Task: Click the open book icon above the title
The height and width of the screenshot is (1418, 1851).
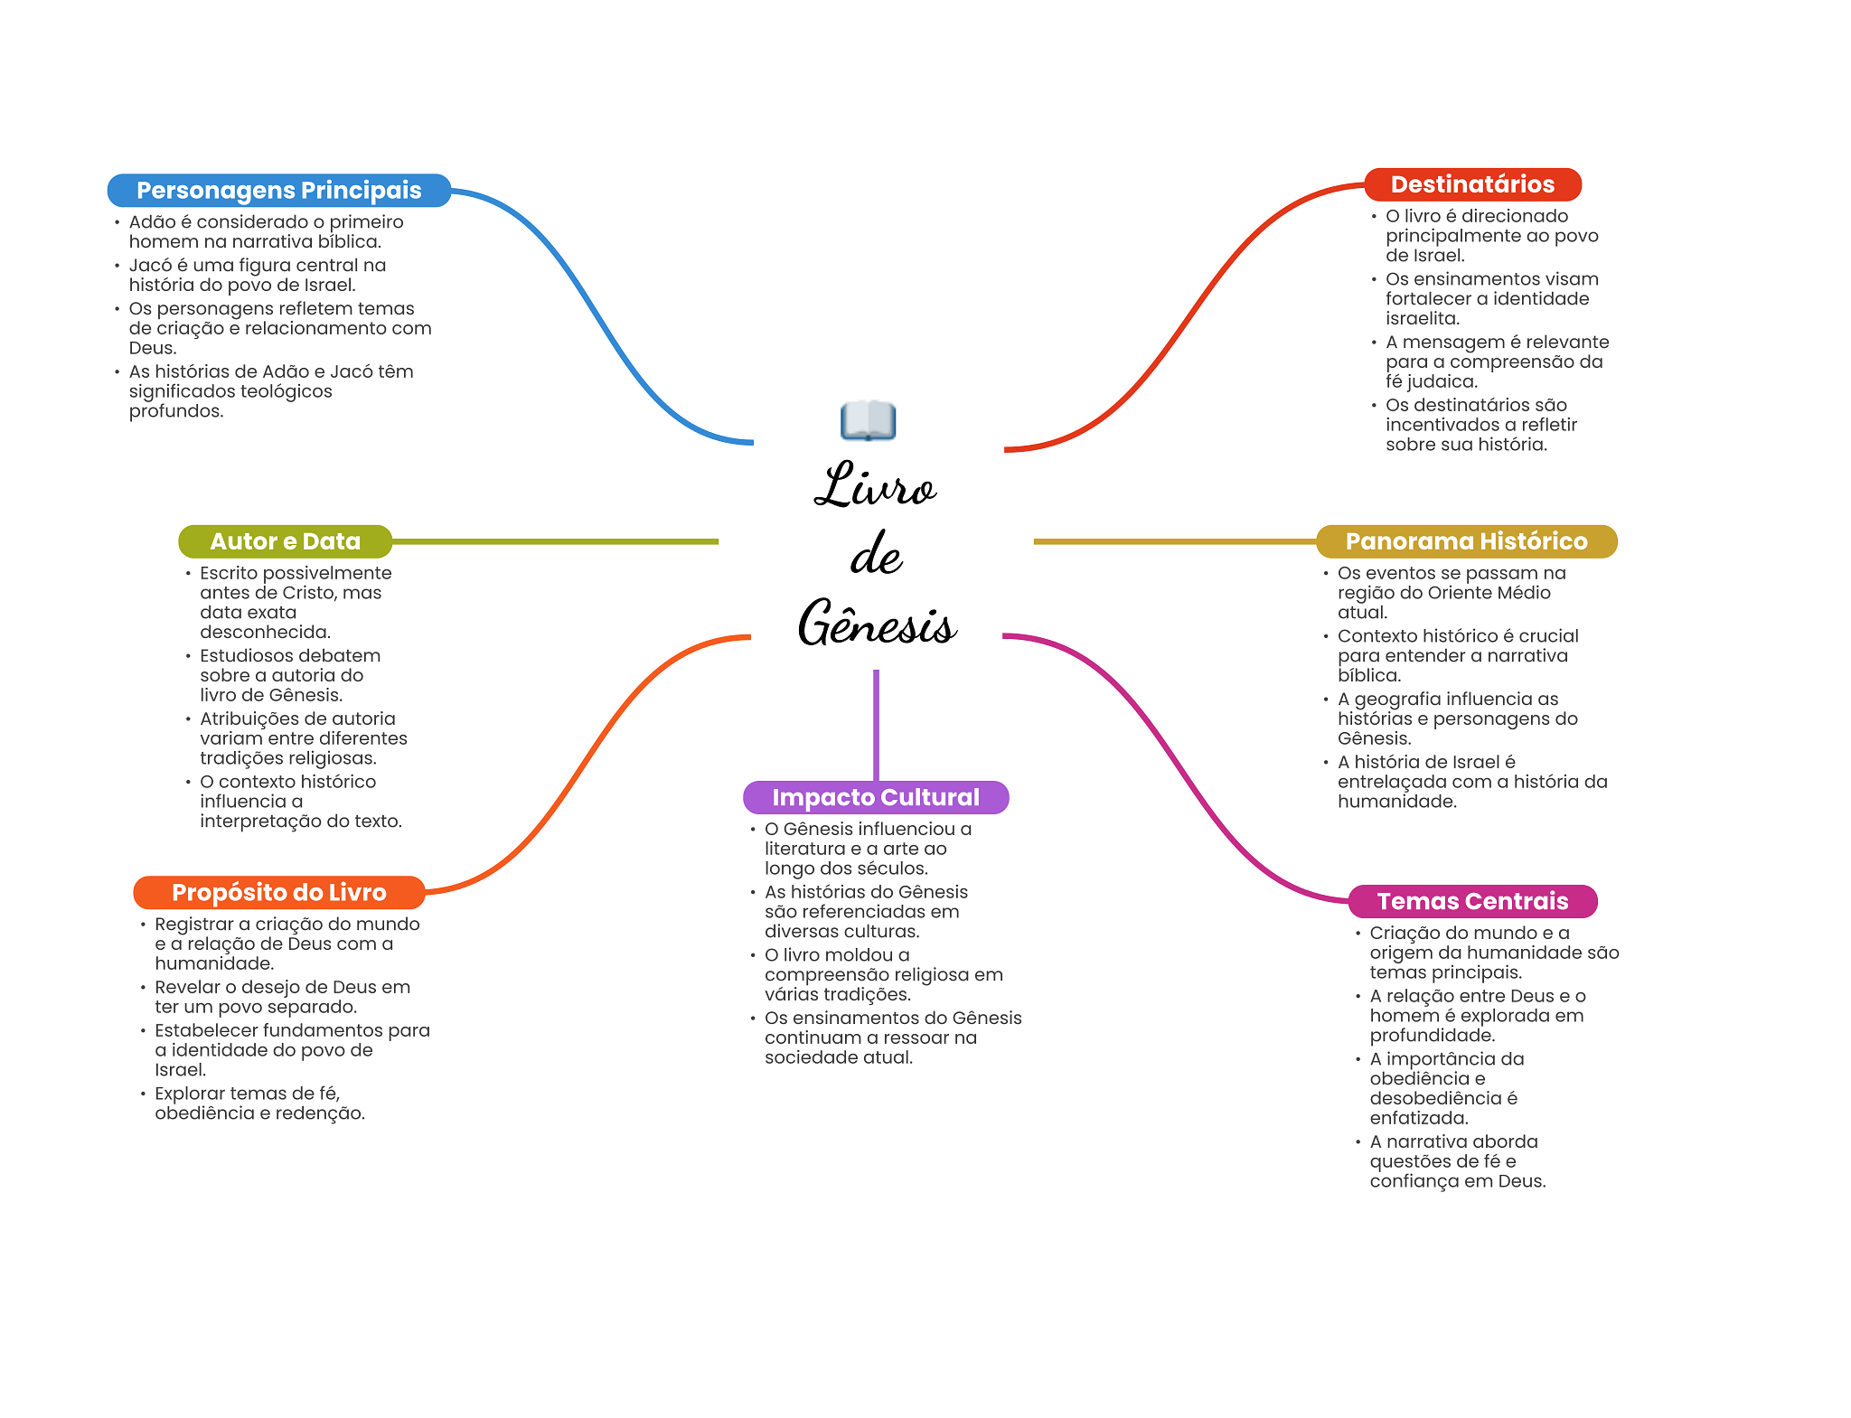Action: pos(868,420)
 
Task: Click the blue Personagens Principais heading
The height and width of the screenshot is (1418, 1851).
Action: pos(278,191)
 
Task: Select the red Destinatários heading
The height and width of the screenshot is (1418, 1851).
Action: pos(1472,184)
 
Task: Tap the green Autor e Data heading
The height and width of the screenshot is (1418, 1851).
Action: pos(285,541)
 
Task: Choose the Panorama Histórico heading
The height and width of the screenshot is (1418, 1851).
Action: pos(1466,541)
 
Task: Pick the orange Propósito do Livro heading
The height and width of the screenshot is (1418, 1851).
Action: pos(278,892)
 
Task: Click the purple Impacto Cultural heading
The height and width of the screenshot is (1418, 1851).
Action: pos(875,797)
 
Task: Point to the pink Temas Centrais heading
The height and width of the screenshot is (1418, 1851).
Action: pos(1472,901)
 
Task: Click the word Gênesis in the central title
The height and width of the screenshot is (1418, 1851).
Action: pos(877,624)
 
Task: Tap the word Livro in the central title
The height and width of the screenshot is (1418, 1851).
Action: pos(875,486)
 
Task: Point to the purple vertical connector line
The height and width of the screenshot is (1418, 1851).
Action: pos(876,723)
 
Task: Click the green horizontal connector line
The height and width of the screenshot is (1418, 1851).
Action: pos(555,541)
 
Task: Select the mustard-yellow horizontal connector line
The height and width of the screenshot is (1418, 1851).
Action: pos(1175,541)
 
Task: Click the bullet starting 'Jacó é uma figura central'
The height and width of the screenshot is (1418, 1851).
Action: pos(257,275)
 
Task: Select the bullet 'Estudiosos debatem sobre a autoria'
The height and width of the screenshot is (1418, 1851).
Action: pos(289,675)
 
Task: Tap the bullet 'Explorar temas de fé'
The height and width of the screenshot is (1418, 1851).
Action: pos(259,1103)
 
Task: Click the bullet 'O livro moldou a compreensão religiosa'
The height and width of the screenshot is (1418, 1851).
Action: pos(883,974)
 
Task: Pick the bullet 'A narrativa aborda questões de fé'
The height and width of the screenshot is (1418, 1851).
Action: pos(1457,1161)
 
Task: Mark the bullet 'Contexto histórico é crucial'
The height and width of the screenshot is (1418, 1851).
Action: pos(1457,655)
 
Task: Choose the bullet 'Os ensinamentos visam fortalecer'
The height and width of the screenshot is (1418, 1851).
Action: pos(1491,298)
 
